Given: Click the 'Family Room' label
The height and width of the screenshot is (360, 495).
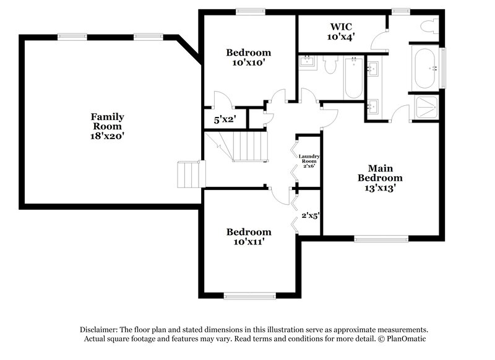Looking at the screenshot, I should (108, 121).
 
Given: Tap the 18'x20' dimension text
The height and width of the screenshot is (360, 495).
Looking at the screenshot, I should (108, 135).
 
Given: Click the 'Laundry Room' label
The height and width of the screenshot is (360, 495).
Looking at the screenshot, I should (308, 160).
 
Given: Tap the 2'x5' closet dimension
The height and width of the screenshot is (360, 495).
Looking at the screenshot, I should (310, 216).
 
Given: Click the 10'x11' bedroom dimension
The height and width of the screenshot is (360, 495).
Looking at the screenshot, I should (248, 242).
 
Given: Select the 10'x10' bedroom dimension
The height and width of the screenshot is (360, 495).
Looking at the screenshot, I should (248, 62).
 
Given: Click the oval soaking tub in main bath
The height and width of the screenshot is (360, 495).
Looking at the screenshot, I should (426, 68).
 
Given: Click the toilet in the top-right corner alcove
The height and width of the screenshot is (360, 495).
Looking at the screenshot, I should (428, 27).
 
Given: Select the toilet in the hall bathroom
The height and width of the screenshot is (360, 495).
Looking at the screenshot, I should (329, 65).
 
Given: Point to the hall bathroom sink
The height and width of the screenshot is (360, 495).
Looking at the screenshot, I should (307, 61).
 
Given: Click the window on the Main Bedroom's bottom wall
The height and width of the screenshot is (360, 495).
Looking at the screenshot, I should (381, 238).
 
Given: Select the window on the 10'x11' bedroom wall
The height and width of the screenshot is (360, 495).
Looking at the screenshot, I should (249, 296).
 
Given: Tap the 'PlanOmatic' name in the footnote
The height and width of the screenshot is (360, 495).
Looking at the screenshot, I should (405, 340).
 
